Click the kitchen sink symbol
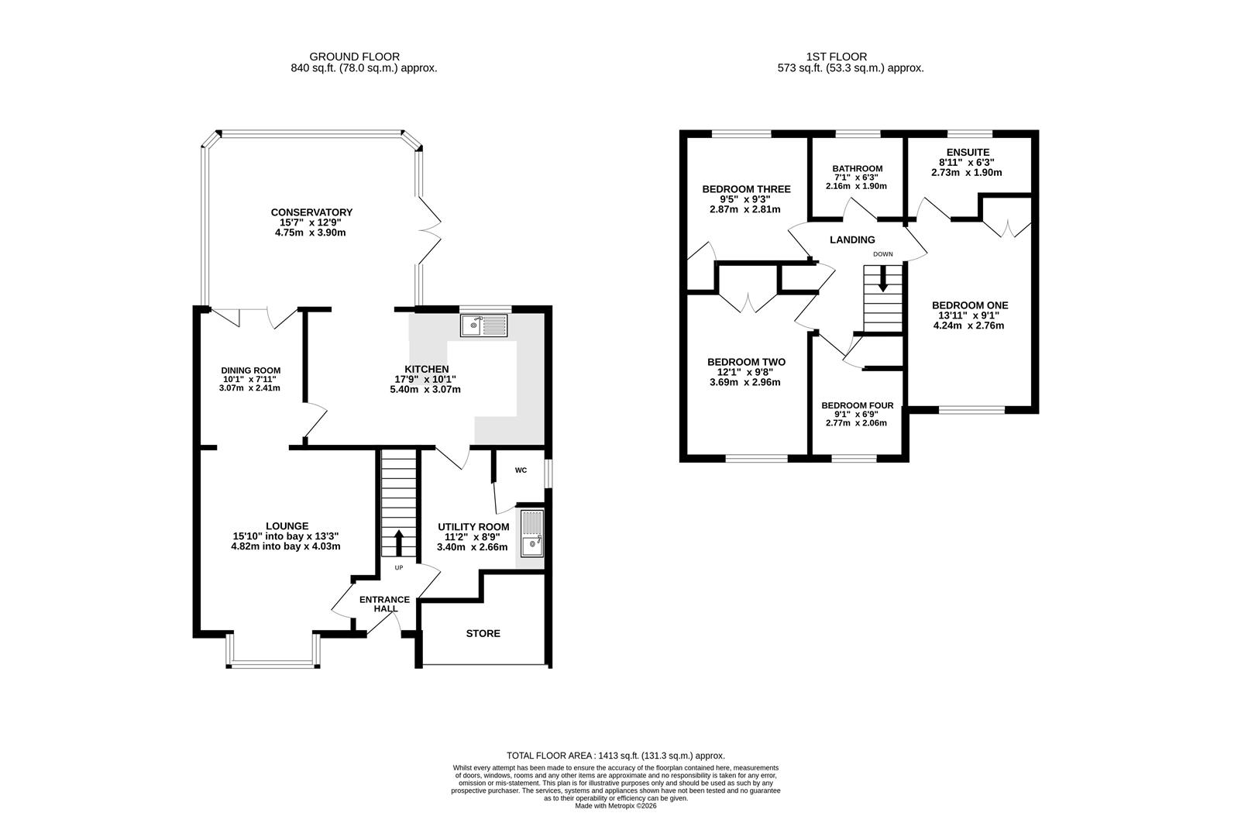tap(483, 325)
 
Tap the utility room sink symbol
tap(531, 533)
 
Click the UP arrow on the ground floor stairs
tap(399, 543)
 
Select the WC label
tap(521, 470)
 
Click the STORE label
tap(483, 633)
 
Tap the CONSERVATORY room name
tap(311, 212)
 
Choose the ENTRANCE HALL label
tap(385, 604)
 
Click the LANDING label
tap(852, 240)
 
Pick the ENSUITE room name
tap(968, 153)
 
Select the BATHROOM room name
tap(858, 169)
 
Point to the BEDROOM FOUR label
tap(858, 405)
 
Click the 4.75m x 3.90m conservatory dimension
tap(311, 232)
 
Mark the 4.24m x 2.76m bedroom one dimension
tap(968, 325)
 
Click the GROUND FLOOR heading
tap(355, 57)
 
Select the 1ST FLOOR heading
tap(837, 57)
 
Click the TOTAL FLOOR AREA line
tap(616, 756)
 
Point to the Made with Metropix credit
tap(616, 805)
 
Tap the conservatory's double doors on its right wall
tap(430, 230)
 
